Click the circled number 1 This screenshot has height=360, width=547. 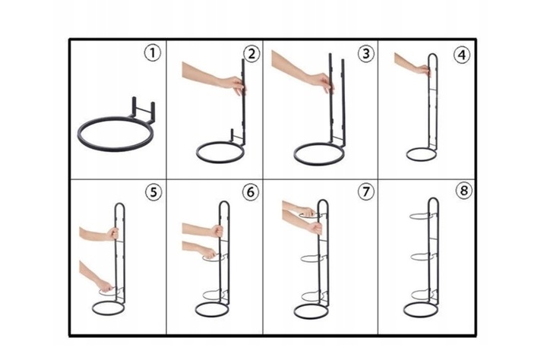[x=153, y=53]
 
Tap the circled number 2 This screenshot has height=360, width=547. [x=251, y=54]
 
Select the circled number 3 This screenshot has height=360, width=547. [x=365, y=54]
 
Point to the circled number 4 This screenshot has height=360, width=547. [x=462, y=55]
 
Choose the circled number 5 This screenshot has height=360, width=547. [x=153, y=192]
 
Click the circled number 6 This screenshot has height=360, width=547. [x=251, y=192]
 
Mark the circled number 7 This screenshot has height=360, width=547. [x=365, y=191]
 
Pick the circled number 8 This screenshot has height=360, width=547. [x=463, y=191]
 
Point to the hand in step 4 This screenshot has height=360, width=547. [x=423, y=70]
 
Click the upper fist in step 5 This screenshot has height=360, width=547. [x=112, y=233]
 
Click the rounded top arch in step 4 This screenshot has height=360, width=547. [x=432, y=55]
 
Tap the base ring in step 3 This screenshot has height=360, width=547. [x=319, y=163]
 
